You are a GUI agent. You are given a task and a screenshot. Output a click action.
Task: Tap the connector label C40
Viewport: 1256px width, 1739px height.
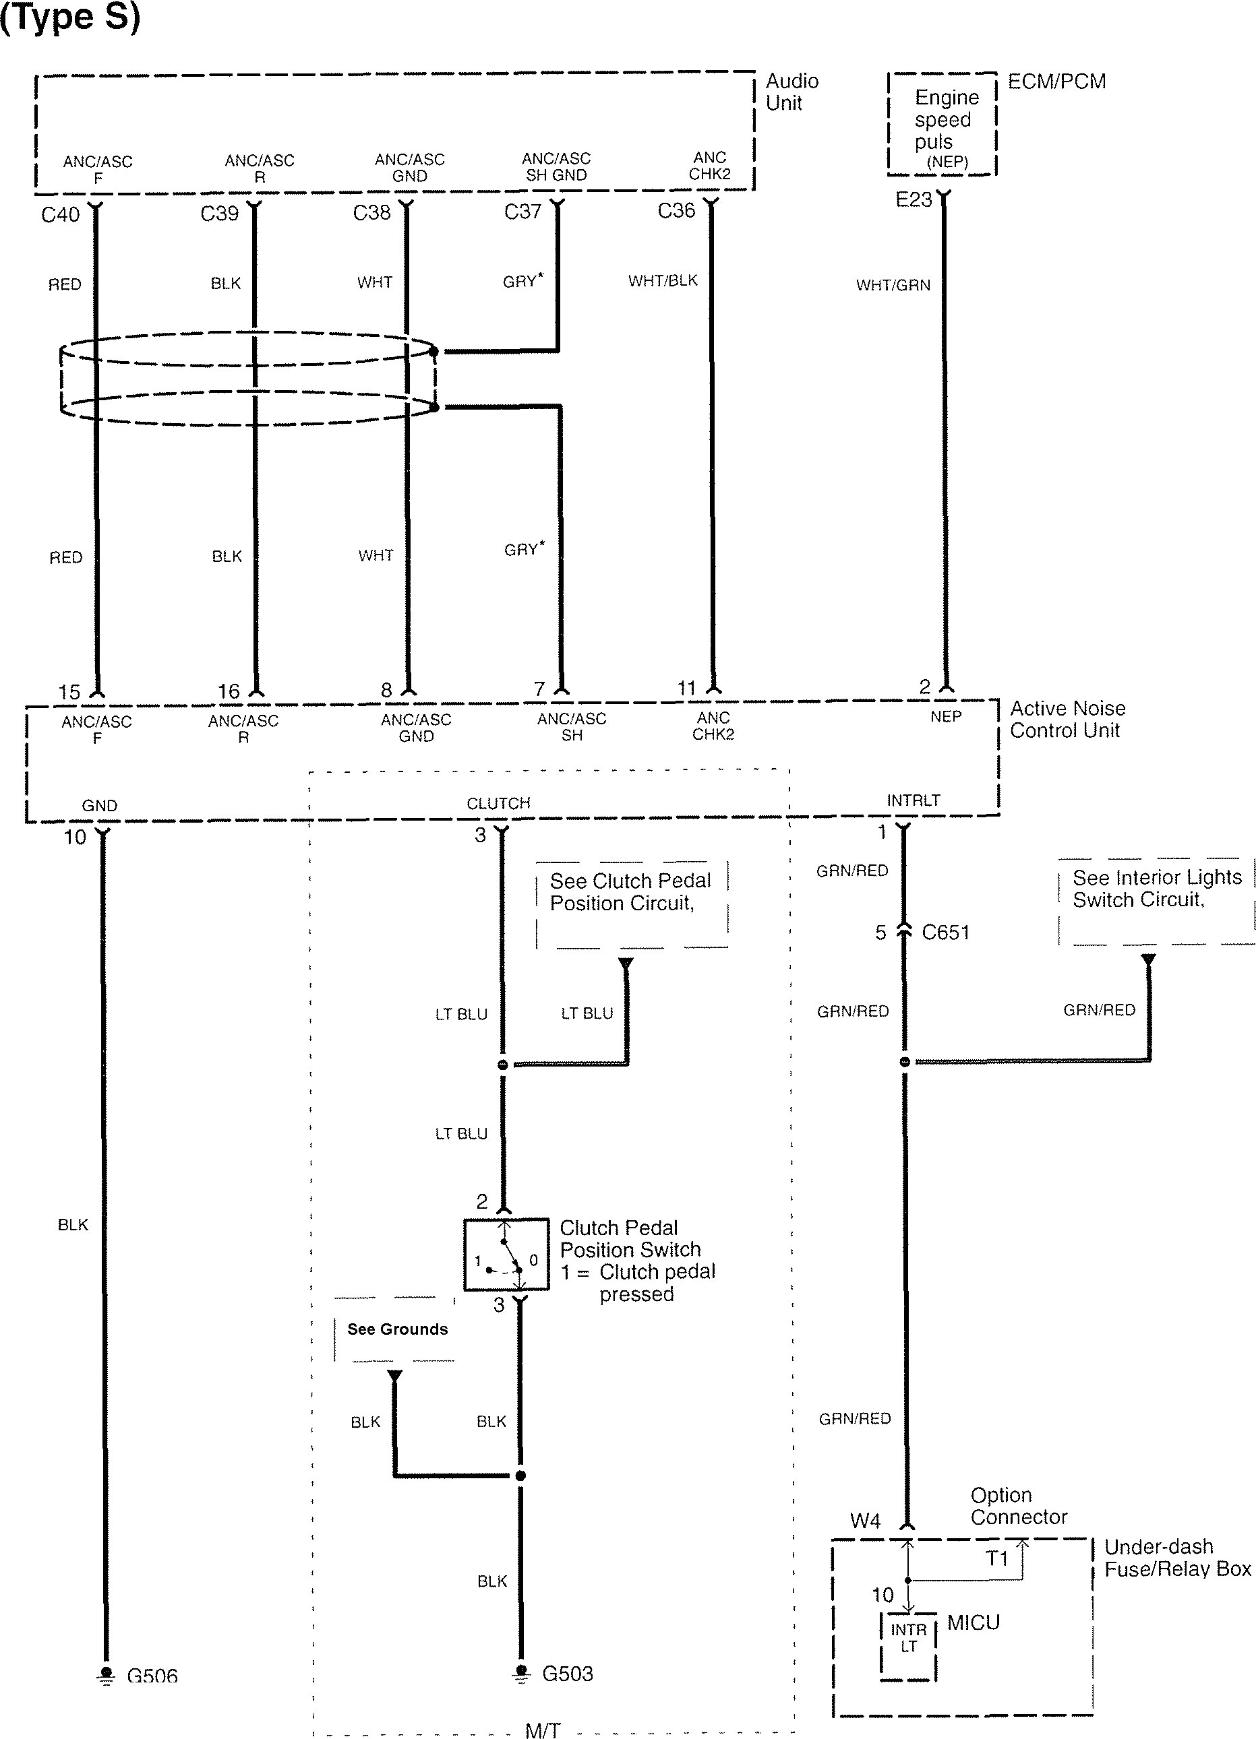click(60, 215)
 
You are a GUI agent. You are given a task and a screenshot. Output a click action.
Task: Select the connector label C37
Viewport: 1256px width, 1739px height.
click(522, 212)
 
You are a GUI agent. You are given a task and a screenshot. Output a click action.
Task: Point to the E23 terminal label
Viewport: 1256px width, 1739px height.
click(913, 200)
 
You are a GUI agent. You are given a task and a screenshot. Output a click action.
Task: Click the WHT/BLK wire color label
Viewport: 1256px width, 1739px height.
click(663, 281)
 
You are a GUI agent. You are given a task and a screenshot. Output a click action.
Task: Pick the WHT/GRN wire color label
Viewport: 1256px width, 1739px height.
click(893, 285)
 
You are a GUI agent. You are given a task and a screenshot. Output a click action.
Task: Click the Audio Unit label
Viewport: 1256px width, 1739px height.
click(791, 92)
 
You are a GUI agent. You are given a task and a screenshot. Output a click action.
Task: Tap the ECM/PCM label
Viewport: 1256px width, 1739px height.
click(1056, 82)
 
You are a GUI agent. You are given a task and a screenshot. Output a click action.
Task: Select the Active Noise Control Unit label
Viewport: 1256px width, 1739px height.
click(1067, 719)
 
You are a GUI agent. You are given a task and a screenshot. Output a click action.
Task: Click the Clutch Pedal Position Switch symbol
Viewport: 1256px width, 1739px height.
click(506, 1255)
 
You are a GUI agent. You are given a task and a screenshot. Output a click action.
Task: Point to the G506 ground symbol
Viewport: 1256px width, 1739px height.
click(107, 1676)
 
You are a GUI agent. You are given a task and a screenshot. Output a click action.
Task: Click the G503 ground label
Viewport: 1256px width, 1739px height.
click(567, 1673)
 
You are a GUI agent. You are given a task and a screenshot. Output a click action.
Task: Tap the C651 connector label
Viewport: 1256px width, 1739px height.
click(945, 932)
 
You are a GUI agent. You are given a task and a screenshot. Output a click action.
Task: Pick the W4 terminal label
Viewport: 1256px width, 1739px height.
click(865, 1521)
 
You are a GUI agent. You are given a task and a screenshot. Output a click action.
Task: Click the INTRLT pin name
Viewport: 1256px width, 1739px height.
click(913, 800)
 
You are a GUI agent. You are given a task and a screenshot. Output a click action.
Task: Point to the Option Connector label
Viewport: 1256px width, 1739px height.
click(1018, 1506)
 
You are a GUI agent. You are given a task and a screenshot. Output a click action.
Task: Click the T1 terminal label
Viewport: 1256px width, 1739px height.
click(996, 1559)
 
